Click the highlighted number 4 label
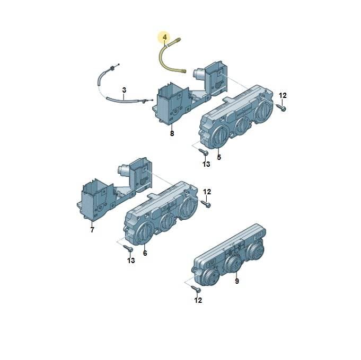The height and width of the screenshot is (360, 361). point(165,37)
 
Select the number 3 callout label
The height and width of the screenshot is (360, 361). point(124,90)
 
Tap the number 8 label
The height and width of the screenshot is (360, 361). point(172,133)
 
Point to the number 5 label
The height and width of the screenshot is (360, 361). point(219,157)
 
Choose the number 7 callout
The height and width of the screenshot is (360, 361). point(92,230)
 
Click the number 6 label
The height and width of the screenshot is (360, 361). point(145,253)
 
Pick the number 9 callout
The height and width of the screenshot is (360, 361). point(237,281)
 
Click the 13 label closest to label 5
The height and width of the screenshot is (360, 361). point(206,164)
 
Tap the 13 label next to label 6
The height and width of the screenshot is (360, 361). point(131,260)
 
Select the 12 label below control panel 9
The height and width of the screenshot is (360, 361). point(198,300)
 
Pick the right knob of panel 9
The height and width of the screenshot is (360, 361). point(255,250)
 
